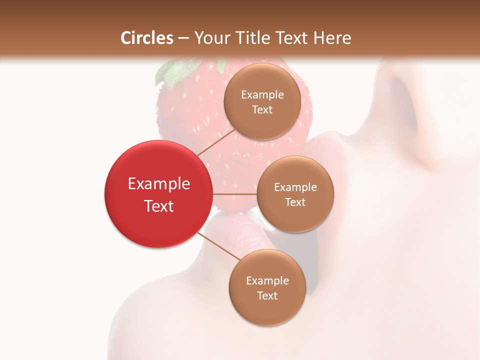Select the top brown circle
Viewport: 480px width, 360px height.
coord(262,101)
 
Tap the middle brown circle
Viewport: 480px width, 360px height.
coord(295,194)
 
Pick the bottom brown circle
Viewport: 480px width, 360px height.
coord(267,287)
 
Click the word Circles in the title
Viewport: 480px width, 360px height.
coord(147,38)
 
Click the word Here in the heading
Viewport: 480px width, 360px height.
coord(332,38)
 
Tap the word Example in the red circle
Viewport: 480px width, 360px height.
coord(159,184)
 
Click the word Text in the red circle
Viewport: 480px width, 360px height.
coord(159,206)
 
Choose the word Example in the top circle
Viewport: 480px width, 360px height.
coord(262,94)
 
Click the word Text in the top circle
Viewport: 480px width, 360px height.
coord(262,109)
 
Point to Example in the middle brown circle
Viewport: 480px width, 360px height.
coord(295,187)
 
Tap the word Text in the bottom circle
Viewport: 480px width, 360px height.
coord(267,295)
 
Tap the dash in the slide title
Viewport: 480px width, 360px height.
coord(183,38)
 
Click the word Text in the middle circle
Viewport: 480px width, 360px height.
coord(295,202)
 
